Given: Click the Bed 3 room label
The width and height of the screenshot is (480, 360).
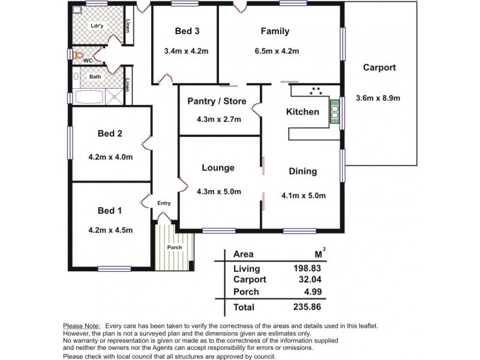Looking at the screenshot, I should [187, 31].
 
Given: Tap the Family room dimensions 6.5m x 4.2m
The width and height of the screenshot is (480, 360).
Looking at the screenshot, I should [275, 51].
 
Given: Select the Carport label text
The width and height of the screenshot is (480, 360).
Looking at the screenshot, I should [379, 68].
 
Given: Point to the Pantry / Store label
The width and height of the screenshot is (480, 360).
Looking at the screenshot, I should [218, 101].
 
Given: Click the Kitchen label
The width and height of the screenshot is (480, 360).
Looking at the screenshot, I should [302, 112].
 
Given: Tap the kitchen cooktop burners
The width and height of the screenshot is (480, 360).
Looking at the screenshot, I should [316, 91].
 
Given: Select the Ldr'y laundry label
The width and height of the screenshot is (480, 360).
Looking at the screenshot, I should [96, 26].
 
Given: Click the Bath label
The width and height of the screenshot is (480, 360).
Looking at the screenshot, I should [95, 77].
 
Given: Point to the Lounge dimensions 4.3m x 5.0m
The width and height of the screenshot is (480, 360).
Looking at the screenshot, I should [218, 192].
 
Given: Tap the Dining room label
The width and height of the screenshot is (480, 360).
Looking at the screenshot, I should [302, 172].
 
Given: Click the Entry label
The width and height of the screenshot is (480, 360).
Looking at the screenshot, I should [164, 203].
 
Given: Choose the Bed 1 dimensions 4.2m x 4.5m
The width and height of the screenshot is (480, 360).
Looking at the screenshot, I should [110, 230].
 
